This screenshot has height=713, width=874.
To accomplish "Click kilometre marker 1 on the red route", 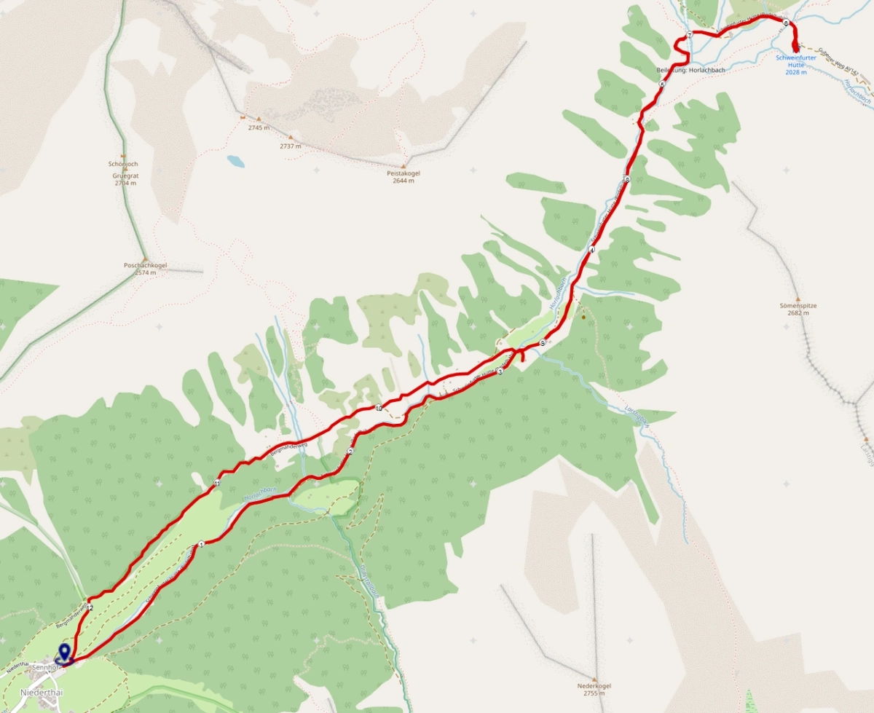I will point(200,543).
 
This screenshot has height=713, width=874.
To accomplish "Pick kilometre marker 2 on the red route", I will point(350,452).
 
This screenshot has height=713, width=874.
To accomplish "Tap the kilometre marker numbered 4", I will point(592,250).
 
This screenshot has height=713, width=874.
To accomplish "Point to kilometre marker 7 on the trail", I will point(689,36).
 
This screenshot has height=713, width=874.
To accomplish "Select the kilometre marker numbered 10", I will point(379,408).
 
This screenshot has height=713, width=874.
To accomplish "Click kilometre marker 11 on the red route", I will point(217,483).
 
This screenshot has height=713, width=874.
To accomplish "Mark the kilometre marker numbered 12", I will point(90,607).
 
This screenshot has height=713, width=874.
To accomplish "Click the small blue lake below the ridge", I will point(235,160).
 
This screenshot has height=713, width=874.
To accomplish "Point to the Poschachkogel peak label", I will point(145,266).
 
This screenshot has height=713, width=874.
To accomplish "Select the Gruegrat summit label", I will point(125,176).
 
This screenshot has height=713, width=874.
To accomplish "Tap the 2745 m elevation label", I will point(258,127).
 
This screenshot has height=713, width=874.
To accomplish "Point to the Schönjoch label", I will point(123,164).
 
